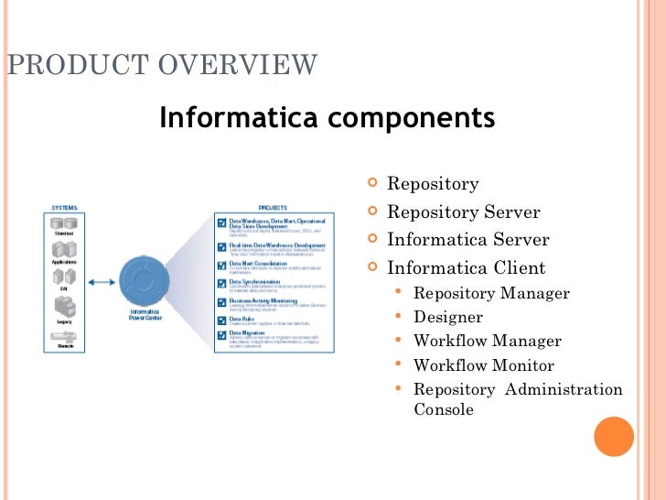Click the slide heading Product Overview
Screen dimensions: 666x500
pos(162,66)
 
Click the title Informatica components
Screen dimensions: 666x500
pos(327,118)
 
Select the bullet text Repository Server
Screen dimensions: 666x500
pos(464,212)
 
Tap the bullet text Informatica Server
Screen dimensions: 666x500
pos(468,240)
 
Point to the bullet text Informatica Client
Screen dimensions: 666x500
pos(467,268)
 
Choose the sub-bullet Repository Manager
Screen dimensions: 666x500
pos(491,293)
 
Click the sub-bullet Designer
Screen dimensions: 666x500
pos(448,317)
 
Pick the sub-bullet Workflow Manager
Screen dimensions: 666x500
pos(488,341)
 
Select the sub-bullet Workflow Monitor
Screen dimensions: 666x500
pos(484,364)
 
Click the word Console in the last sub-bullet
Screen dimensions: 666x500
pos(444,409)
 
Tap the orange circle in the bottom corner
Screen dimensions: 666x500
pos(614,437)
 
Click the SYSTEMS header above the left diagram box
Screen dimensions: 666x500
pos(64,207)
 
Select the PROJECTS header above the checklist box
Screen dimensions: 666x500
pos(273,207)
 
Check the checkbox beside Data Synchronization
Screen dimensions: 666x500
pos(221,283)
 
